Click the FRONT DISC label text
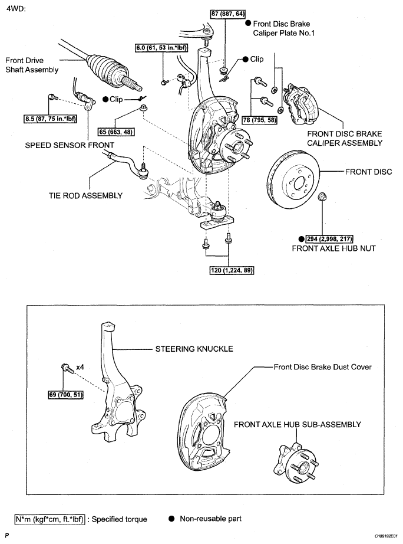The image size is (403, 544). pyautogui.click(x=368, y=172)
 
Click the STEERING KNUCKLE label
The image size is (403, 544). pyautogui.click(x=194, y=349)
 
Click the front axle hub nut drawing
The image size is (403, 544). pyautogui.click(x=322, y=196)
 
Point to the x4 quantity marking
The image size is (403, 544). pyautogui.click(x=80, y=366)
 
